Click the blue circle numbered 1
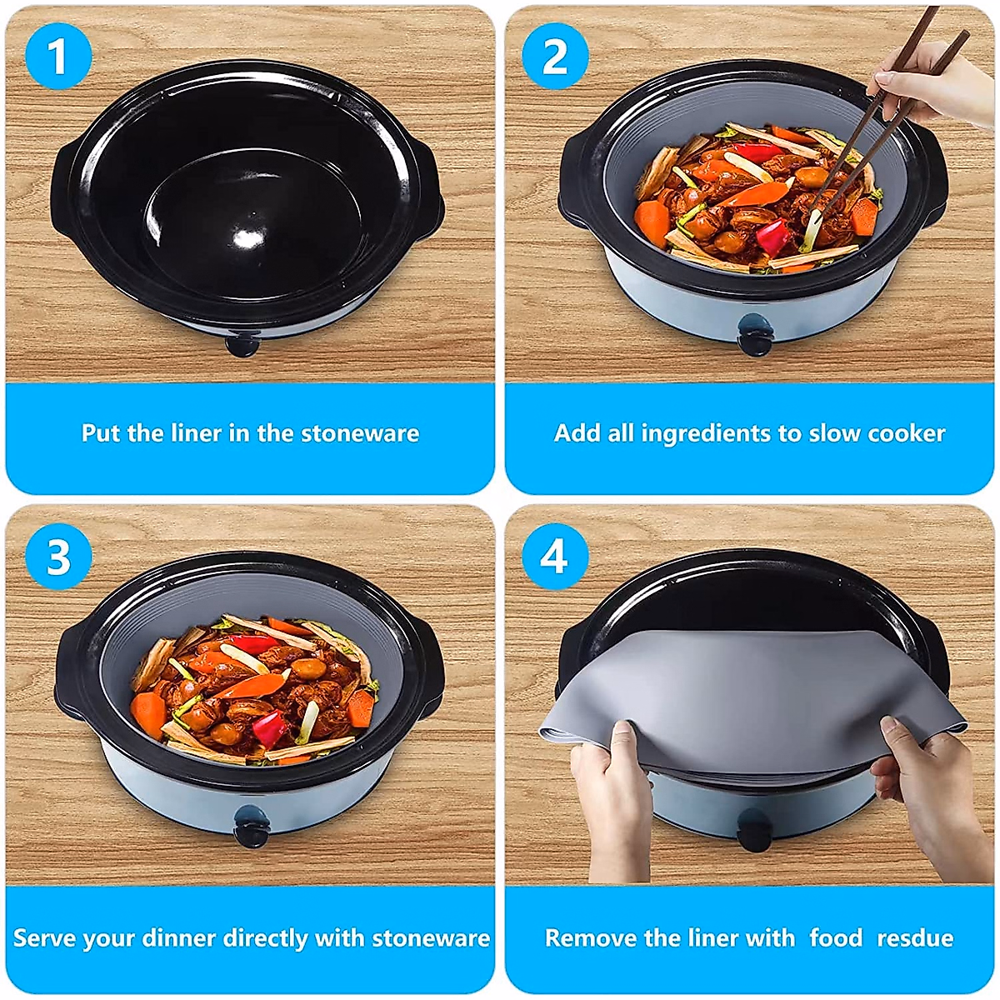pos(58,57)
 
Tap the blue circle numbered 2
pos(555,57)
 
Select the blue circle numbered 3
pos(58,557)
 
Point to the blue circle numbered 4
pos(555,557)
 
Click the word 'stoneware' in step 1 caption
pos(360,434)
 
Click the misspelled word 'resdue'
pos(915,937)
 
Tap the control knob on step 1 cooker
pos(242,344)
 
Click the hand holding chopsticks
pos(934,88)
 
